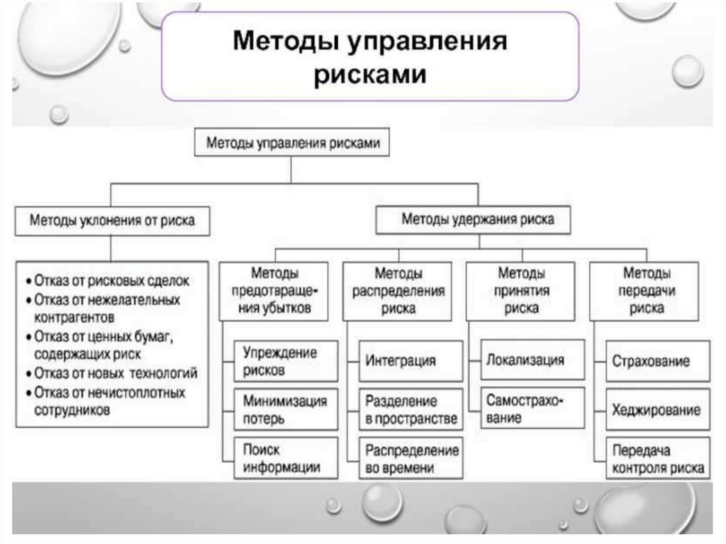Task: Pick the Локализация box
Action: click(525, 360)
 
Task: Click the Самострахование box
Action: click(525, 409)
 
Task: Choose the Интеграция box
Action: click(401, 361)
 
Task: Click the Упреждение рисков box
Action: click(281, 361)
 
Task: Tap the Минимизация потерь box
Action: click(285, 410)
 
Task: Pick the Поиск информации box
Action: click(281, 459)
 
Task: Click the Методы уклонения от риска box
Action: click(111, 221)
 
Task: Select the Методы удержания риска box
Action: click(477, 219)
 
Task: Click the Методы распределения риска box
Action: click(398, 291)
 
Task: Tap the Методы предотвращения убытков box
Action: click(274, 291)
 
